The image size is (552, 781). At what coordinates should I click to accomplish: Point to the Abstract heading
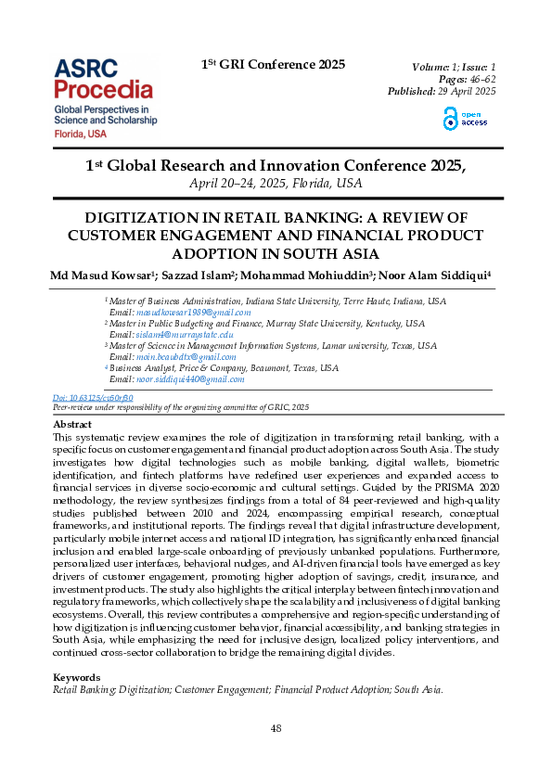72,424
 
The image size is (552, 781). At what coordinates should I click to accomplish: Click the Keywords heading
77,678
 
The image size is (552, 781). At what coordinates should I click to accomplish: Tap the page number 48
276,729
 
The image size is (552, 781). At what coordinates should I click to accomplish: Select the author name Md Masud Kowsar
104,275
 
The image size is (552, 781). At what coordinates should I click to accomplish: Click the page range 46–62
477,79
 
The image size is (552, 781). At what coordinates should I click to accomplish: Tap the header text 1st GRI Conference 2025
273,65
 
